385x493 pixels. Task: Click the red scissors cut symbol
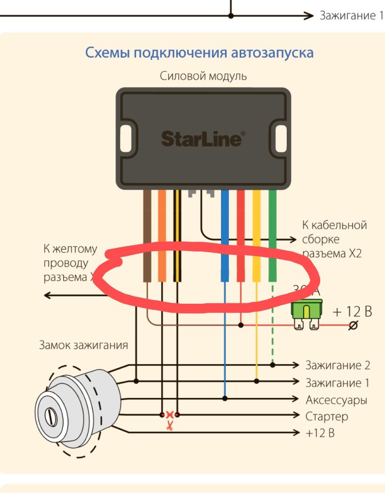point(170,425)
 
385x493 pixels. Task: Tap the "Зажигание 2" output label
point(337,365)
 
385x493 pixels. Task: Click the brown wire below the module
point(147,216)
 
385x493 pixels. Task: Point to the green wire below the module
point(272,216)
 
